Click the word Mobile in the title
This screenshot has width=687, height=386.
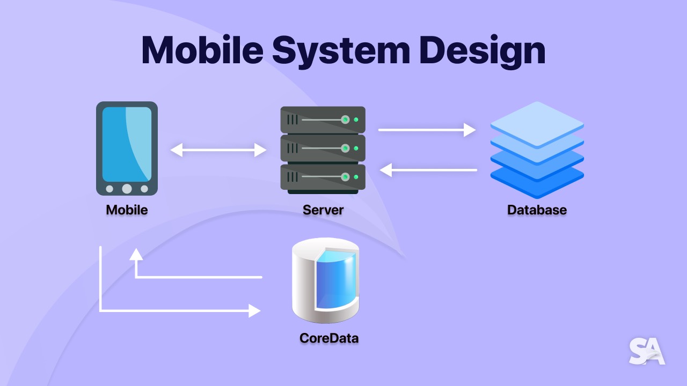[202, 50]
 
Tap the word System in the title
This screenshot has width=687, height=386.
[341, 51]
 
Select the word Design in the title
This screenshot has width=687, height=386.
[483, 51]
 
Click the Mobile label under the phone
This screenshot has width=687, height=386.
[127, 210]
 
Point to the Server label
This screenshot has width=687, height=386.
[323, 210]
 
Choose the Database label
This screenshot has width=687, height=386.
[537, 210]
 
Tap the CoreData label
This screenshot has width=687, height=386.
[329, 338]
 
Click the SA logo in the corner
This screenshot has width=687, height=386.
[647, 351]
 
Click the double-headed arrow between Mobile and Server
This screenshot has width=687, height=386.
[218, 150]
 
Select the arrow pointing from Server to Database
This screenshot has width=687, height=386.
[427, 130]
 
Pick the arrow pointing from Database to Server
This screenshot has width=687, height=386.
[428, 170]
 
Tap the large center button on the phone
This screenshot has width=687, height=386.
[127, 189]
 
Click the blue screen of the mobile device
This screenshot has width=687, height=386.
[127, 144]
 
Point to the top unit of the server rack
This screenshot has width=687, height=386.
[323, 120]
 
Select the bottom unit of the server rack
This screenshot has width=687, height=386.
[323, 177]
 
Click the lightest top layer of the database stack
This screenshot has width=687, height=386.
[537, 124]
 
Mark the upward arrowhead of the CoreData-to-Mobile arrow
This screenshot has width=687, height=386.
[136, 254]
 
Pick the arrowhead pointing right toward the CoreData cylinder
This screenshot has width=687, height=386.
[254, 310]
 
